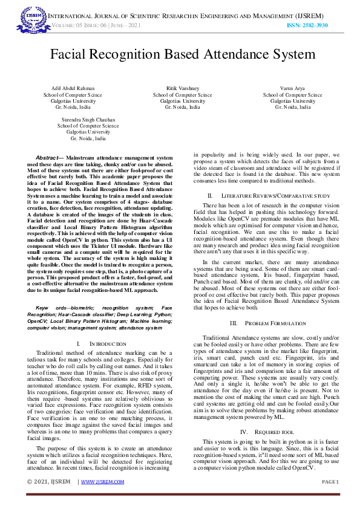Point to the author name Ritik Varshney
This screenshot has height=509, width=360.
tap(182, 89)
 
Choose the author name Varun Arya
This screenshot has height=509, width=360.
tap(292, 89)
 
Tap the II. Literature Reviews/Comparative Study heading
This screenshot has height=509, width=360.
tap(268, 196)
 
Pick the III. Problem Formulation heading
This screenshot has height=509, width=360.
tap(268, 323)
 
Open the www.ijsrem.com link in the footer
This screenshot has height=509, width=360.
tap(102, 482)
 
